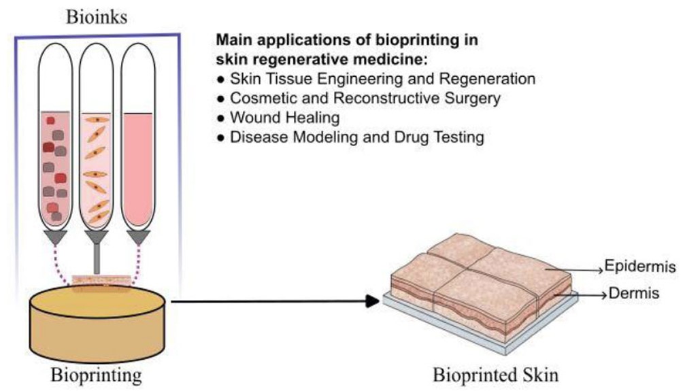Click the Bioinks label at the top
96,16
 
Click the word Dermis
632,295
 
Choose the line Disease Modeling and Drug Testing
357,137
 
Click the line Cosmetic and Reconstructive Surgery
365,98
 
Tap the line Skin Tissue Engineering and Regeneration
382,78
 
